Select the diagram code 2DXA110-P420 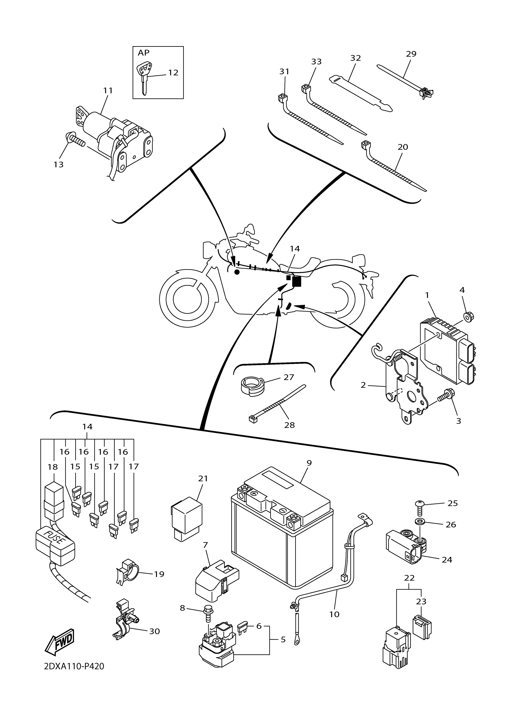(74, 675)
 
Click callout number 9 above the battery (309, 463)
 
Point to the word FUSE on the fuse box (55, 538)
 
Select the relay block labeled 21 (186, 519)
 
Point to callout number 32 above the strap (356, 58)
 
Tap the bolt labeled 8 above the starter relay (208, 611)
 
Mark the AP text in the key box (143, 53)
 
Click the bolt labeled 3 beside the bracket (444, 397)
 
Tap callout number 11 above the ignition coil (108, 90)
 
